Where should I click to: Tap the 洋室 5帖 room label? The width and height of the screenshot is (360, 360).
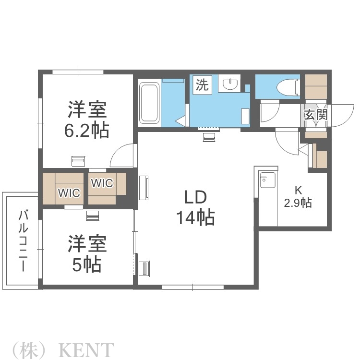coord(86,253)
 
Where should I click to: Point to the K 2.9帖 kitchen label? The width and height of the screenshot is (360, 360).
coord(298,197)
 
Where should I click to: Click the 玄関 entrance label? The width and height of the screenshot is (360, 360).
coord(315,115)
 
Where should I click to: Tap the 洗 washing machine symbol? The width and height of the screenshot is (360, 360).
coord(202,85)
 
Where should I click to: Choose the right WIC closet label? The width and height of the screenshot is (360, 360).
coord(102,183)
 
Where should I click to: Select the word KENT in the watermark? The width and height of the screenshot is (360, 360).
coord(86,349)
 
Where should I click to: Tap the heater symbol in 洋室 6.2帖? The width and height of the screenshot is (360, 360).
coord(78,160)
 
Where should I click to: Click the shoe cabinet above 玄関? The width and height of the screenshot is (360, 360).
coord(316,86)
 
